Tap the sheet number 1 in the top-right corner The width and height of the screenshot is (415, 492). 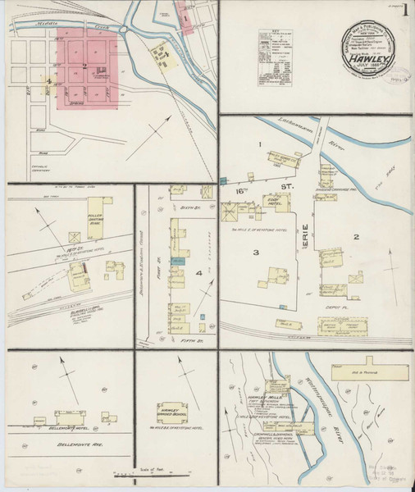pos(405,11)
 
